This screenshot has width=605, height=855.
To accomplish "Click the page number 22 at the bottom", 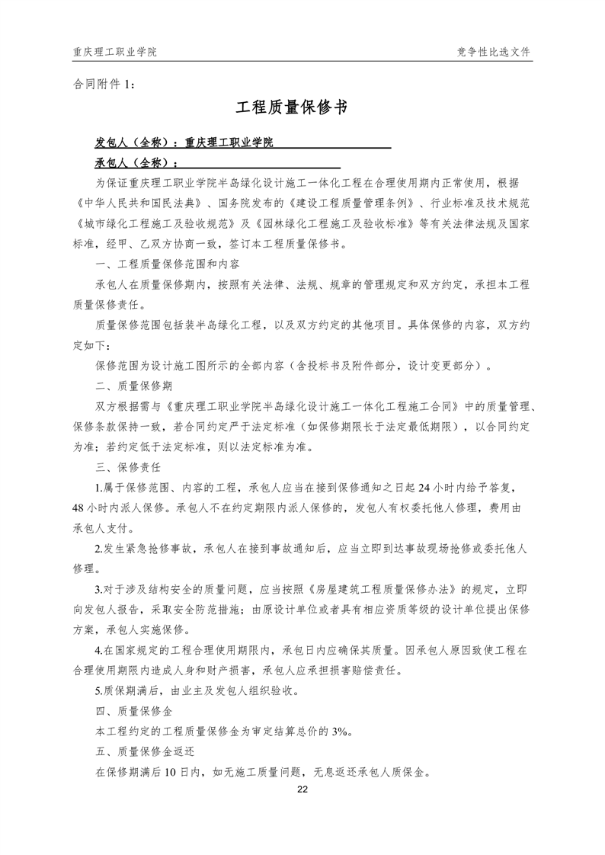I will click(302, 789).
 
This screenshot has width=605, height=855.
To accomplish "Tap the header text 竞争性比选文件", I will click(494, 52).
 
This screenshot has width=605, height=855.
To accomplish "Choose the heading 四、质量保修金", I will click(129, 711).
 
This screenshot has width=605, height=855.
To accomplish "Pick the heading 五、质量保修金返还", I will click(139, 751).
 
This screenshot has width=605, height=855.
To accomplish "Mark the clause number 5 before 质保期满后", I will click(98, 691).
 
